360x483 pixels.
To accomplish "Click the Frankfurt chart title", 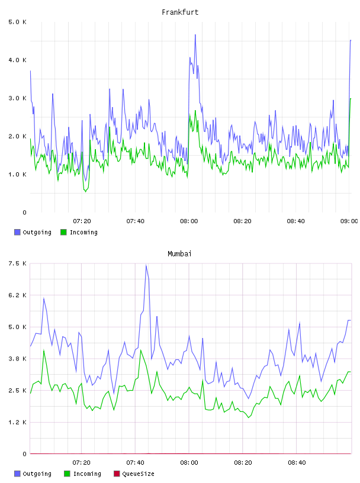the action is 180,12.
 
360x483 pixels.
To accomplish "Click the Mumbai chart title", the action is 179,254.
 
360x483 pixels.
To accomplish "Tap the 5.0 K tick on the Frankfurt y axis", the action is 18,22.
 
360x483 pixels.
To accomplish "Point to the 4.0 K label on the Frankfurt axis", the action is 18,60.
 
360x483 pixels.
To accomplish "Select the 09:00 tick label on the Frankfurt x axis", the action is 349,221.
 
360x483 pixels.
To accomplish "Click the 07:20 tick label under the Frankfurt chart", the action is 82,221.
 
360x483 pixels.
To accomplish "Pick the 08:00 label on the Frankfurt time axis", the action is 189,221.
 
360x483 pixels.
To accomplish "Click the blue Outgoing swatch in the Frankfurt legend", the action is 17,232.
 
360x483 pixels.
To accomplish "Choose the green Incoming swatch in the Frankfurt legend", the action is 63,232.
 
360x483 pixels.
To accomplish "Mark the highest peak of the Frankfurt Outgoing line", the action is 195,35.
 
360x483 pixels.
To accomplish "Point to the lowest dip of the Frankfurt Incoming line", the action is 86,192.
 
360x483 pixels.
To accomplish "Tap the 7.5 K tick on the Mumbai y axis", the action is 18,263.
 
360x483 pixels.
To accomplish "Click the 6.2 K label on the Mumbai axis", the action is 18,295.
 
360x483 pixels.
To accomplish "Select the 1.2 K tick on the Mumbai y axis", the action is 18,422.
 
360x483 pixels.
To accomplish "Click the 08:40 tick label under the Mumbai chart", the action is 297,463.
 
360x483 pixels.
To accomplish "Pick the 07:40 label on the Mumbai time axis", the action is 136,463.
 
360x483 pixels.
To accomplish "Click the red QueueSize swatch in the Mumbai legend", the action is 117,474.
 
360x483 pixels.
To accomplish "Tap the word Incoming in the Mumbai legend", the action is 87,474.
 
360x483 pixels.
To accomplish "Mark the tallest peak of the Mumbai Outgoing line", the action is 146,265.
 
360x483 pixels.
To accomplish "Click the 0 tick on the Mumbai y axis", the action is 24,454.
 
